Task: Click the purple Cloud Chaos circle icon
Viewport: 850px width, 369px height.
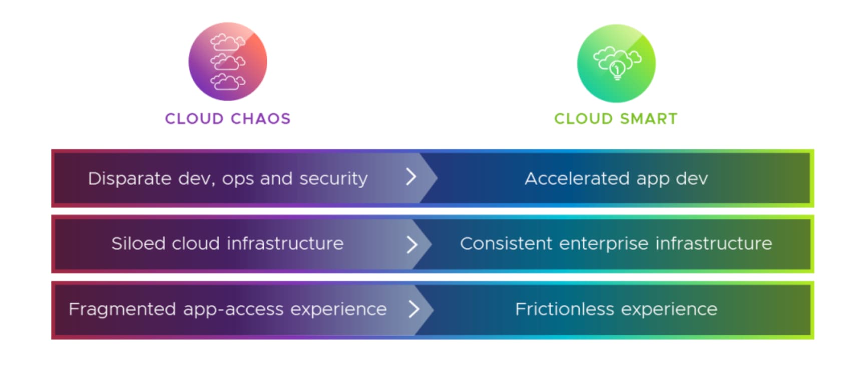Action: click(x=228, y=61)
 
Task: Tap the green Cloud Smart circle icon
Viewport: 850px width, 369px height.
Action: click(x=616, y=63)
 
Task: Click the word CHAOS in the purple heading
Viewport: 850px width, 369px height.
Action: click(x=261, y=119)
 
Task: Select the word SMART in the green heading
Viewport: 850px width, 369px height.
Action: click(x=649, y=119)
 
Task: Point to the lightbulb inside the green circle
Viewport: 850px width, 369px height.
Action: click(x=617, y=69)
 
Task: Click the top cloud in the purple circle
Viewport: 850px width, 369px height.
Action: click(x=228, y=42)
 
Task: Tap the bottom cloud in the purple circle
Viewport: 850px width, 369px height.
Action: click(x=228, y=81)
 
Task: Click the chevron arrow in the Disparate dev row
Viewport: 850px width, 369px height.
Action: click(x=411, y=177)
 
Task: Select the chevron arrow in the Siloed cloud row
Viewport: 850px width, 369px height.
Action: click(x=411, y=244)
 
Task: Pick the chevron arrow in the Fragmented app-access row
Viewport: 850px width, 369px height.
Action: click(x=414, y=309)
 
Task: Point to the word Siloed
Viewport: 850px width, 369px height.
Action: click(x=139, y=243)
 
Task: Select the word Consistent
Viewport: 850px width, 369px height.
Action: click(x=506, y=243)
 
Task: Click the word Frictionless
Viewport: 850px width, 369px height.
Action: click(x=564, y=309)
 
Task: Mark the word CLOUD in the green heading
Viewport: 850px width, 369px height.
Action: click(x=583, y=119)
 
